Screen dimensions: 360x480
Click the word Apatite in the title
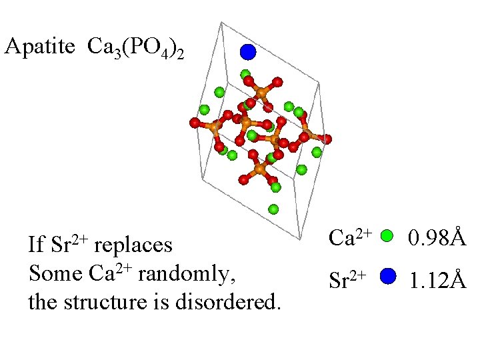tap(41, 47)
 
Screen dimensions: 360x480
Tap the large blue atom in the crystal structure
tap(248, 51)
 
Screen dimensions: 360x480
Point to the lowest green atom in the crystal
tap(273, 209)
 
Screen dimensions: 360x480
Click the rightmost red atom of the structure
tap(327, 139)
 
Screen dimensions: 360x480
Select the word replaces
tap(133, 245)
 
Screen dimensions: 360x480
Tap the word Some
tap(55, 273)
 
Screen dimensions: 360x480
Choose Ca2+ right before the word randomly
tap(109, 272)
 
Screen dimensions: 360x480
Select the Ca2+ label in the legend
tap(350, 236)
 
